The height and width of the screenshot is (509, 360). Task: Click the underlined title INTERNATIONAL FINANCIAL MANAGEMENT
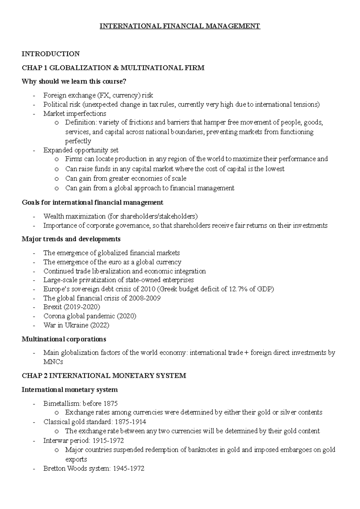pyautogui.click(x=180, y=26)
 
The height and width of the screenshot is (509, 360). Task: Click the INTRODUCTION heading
pyautogui.click(x=51, y=54)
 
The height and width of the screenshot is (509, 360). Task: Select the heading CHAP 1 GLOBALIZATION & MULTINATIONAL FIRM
pyautogui.click(x=113, y=68)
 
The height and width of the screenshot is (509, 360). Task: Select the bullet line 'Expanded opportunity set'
pyautogui.click(x=81, y=150)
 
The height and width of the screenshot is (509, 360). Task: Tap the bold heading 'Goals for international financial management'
pyautogui.click(x=92, y=203)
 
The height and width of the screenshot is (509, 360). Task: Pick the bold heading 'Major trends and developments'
pyautogui.click(x=71, y=239)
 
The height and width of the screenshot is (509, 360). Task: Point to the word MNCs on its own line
pyautogui.click(x=53, y=362)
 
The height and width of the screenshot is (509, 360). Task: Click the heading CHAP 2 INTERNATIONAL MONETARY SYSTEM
pyautogui.click(x=104, y=376)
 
